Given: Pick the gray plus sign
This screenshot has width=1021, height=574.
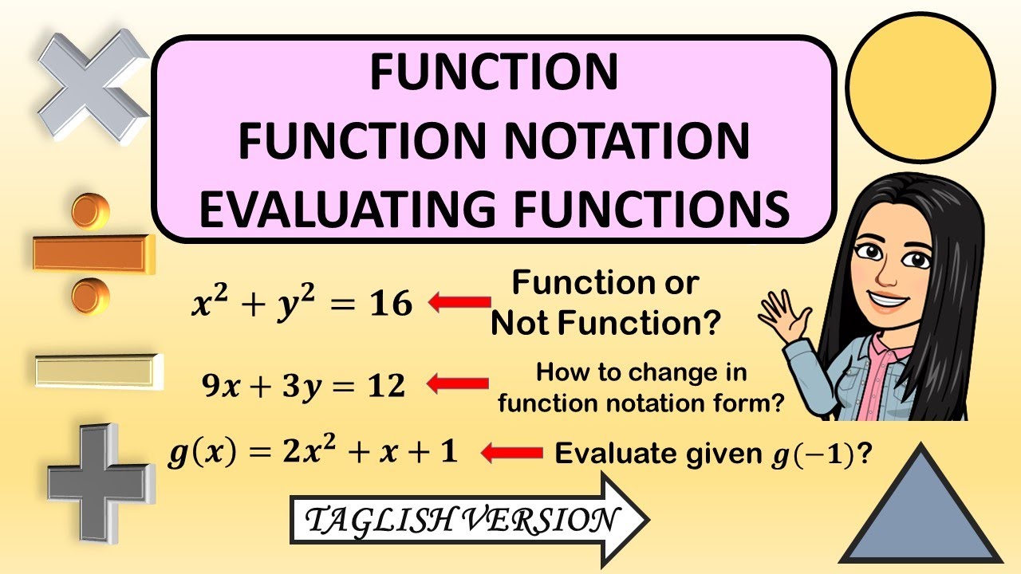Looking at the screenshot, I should [98, 482].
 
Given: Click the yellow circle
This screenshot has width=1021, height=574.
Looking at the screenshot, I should [920, 88].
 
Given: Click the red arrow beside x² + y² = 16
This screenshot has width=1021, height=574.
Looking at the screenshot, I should [460, 302].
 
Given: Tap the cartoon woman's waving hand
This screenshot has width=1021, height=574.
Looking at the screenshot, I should [779, 312].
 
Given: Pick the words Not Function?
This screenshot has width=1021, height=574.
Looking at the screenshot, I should [606, 324].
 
